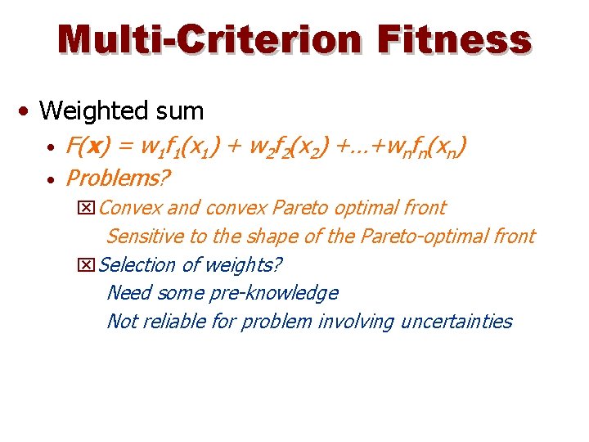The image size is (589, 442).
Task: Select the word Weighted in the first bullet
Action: pyautogui.click(x=87, y=110)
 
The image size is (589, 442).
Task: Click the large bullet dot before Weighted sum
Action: pyautogui.click(x=28, y=110)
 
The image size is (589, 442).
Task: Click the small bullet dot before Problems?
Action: pyautogui.click(x=51, y=178)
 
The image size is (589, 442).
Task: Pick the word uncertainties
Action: pyautogui.click(x=456, y=321)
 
